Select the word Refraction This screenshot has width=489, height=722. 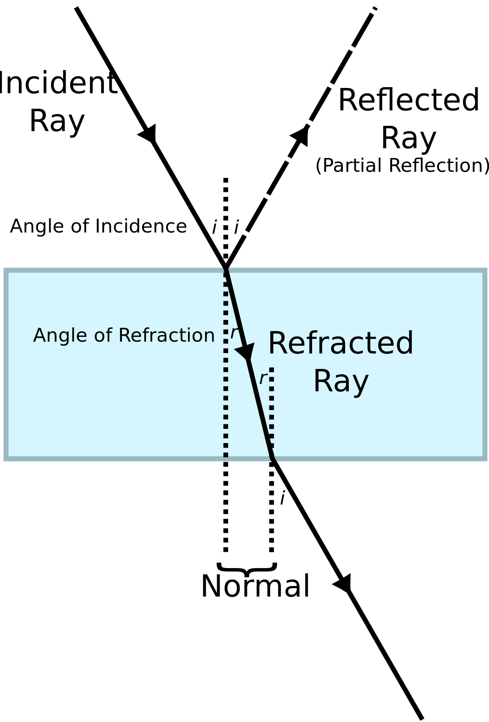point(166,336)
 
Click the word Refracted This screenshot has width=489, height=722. point(341,344)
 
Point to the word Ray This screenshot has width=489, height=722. point(341,382)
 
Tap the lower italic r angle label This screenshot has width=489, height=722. point(263,378)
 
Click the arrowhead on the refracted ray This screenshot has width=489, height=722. point(246,351)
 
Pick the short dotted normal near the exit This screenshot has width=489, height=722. point(272,411)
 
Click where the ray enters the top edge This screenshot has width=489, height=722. point(227,270)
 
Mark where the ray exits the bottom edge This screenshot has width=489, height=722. point(273,459)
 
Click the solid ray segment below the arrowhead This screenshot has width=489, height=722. point(260,407)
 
